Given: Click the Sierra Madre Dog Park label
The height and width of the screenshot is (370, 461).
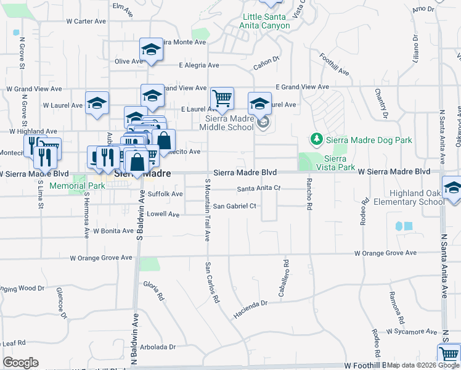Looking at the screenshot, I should tap(369, 140).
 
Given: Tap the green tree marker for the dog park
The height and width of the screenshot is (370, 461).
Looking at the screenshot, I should tap(317, 140).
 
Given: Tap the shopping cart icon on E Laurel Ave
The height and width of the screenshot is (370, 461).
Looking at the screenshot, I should tap(221, 97).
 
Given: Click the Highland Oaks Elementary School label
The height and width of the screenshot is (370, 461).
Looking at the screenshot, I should tap(425, 197).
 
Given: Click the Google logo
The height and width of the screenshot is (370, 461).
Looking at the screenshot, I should tap(20, 363).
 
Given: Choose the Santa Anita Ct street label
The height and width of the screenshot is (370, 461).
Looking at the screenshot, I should tap(259, 188).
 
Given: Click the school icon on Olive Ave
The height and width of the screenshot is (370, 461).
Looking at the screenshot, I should tap(150, 50).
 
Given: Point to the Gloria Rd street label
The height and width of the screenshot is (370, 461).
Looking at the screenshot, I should tap(153, 290).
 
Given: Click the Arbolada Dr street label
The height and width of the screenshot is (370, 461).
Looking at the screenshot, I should tap(159, 347).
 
